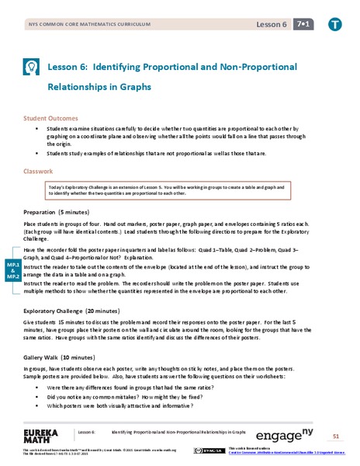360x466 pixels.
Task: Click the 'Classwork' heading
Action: (38, 171)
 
